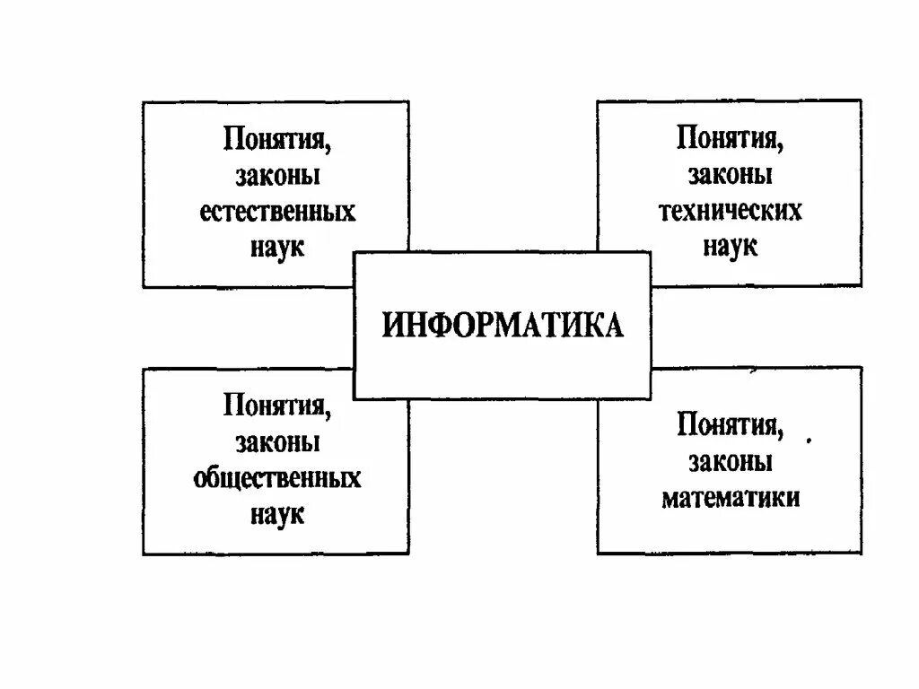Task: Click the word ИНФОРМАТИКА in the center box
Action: (x=503, y=325)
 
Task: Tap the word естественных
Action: (x=277, y=212)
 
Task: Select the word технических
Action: (x=731, y=211)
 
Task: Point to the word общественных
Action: (x=277, y=477)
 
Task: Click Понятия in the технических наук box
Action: (x=728, y=140)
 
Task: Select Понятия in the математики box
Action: (x=728, y=424)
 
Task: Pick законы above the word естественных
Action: (x=277, y=176)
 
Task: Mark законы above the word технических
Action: (x=731, y=175)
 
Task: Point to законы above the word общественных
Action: (x=277, y=441)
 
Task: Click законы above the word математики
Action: (x=731, y=460)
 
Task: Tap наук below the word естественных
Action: (x=277, y=247)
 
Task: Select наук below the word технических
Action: (x=731, y=246)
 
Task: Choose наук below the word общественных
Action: (x=277, y=513)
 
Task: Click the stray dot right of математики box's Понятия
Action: (x=809, y=441)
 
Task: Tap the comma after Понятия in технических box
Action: (x=778, y=148)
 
